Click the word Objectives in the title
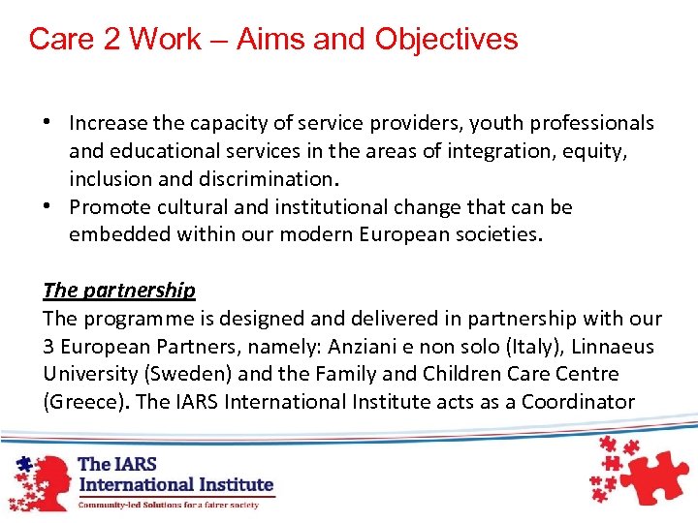[x=447, y=40]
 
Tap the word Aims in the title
[x=269, y=40]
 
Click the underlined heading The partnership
[x=119, y=291]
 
